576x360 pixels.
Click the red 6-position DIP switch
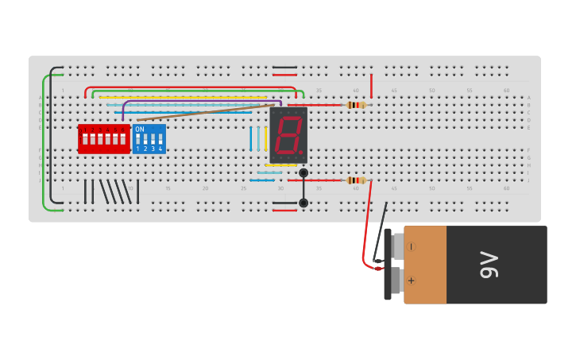pos(103,139)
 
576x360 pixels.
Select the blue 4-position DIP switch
pos(149,139)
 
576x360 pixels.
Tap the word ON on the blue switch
pos(140,129)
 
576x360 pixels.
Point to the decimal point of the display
pos(301,152)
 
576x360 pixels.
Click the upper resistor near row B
pos(356,105)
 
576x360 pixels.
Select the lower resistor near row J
pos(356,180)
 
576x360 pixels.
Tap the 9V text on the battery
pos(489,265)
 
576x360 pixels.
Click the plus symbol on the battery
pos(411,281)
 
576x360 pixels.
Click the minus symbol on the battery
pos(411,247)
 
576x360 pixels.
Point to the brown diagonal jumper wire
pos(207,112)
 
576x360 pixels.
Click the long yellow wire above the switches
pos(183,97)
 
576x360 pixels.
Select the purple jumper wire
pos(199,101)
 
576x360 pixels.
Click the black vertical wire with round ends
pos(303,188)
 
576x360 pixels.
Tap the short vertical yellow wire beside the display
pos(265,138)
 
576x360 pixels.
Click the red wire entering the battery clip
pos(367,230)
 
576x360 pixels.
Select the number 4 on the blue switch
pos(160,149)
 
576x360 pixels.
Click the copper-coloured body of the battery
pos(425,265)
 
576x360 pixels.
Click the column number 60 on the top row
pos(506,91)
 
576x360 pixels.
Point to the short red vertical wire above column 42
pos(371,84)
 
